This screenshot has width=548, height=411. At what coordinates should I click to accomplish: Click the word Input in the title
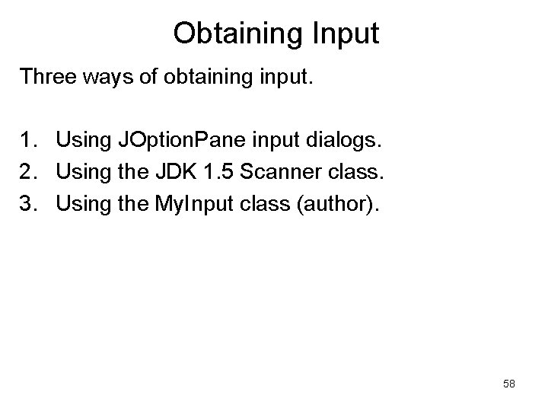[x=344, y=33]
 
